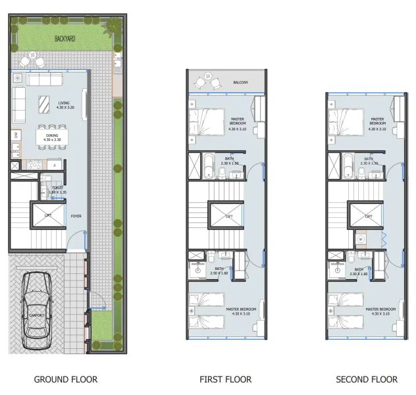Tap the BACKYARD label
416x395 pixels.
coord(65,39)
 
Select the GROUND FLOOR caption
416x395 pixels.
coord(65,379)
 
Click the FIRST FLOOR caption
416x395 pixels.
coord(226,379)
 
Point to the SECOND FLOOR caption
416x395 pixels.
coord(367,379)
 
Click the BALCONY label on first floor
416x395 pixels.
coord(240,82)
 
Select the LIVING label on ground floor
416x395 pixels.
coord(64,103)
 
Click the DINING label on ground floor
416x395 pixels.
coord(51,135)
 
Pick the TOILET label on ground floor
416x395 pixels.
coord(58,188)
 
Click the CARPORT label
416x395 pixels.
coord(36,315)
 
